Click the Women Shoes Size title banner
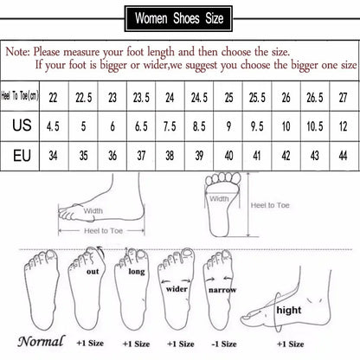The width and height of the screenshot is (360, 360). [180, 16]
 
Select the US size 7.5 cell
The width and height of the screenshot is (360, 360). [170, 126]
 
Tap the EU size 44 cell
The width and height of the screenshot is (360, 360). [343, 157]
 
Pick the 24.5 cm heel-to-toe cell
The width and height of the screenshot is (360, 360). [198, 94]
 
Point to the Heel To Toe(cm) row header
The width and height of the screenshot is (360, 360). [23, 94]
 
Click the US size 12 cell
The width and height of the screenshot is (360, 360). [343, 126]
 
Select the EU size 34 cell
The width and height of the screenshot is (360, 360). [54, 157]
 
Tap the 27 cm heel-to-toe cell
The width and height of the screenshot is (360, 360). [343, 94]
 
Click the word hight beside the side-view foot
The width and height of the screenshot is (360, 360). [288, 308]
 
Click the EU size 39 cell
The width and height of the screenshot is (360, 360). [198, 157]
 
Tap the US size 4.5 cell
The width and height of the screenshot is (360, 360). [54, 126]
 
